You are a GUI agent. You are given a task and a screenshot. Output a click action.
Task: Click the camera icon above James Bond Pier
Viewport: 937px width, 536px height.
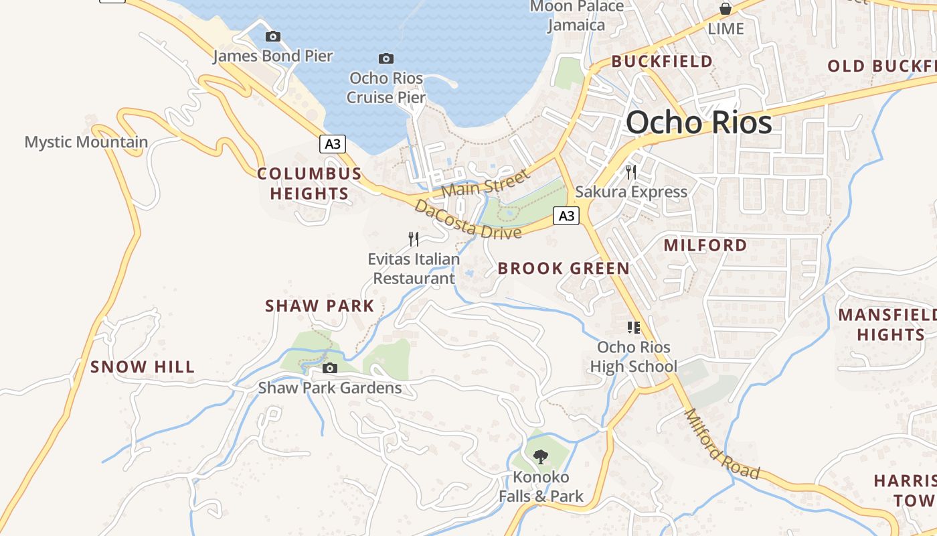click(272, 37)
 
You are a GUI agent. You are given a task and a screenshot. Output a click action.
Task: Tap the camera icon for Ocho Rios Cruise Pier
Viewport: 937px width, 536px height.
click(386, 59)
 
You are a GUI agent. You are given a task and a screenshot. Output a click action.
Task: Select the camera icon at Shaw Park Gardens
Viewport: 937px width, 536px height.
click(329, 368)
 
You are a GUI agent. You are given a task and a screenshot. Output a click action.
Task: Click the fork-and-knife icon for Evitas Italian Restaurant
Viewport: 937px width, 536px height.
click(414, 239)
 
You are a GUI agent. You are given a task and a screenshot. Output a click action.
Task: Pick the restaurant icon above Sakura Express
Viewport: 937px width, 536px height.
click(630, 172)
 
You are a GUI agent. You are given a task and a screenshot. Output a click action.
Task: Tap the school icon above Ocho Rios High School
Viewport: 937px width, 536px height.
click(633, 328)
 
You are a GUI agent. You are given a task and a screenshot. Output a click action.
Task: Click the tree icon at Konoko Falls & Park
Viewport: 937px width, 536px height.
click(540, 457)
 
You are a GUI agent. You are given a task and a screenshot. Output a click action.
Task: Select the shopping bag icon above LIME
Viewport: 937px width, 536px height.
click(725, 9)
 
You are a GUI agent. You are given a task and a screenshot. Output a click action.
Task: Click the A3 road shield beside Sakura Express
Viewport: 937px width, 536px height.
click(566, 216)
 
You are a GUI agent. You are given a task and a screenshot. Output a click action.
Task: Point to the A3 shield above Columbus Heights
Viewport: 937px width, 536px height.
click(333, 144)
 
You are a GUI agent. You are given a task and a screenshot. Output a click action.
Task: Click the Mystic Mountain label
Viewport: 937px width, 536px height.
click(86, 142)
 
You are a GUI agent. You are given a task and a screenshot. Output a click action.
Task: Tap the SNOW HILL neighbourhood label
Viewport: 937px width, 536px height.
click(143, 366)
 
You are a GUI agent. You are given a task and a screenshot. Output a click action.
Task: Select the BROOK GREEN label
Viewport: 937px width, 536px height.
click(564, 269)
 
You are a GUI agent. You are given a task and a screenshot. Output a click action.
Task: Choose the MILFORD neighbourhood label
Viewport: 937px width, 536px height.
click(705, 245)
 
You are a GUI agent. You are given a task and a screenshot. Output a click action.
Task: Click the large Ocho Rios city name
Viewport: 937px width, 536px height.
click(699, 123)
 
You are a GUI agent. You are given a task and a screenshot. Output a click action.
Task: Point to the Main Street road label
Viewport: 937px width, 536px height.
click(485, 184)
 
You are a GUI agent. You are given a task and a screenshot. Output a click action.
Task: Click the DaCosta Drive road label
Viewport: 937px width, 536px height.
click(467, 220)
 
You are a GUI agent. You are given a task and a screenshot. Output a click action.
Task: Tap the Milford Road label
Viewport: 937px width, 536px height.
click(722, 445)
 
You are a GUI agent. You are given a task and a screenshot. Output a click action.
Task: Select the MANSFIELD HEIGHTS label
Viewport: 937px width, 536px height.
click(887, 324)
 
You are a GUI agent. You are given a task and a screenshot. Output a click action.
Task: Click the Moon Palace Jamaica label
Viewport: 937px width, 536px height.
click(576, 15)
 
